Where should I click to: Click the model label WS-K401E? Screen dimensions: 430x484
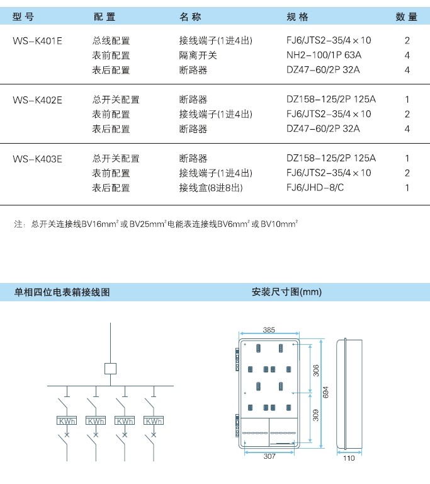click(x=37, y=41)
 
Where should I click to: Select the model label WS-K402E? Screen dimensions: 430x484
click(x=37, y=100)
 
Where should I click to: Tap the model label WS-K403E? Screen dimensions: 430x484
click(x=37, y=159)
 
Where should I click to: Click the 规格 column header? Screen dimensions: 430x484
click(x=297, y=16)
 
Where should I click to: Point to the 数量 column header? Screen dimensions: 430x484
click(x=407, y=16)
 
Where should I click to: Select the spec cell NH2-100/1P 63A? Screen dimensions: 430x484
click(x=324, y=55)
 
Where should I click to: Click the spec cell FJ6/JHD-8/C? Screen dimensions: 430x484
click(x=315, y=187)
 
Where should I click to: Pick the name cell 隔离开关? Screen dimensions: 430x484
click(x=198, y=55)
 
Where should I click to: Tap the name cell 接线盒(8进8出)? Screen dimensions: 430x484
click(x=211, y=188)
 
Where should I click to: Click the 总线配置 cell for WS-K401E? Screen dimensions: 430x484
click(x=111, y=41)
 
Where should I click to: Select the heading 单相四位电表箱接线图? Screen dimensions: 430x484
click(x=62, y=292)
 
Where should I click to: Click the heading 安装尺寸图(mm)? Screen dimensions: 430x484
click(x=286, y=292)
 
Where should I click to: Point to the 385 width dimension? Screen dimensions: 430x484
click(x=269, y=330)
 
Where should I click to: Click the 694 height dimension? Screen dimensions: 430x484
click(x=325, y=392)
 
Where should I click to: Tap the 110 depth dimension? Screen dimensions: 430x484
click(x=349, y=458)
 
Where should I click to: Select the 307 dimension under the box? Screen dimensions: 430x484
click(x=269, y=456)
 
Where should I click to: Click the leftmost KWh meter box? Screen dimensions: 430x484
click(x=67, y=421)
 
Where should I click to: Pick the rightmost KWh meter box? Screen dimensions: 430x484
click(x=154, y=421)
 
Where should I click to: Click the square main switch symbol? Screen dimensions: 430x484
click(x=110, y=369)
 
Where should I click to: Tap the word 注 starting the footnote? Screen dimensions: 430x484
click(x=18, y=224)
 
